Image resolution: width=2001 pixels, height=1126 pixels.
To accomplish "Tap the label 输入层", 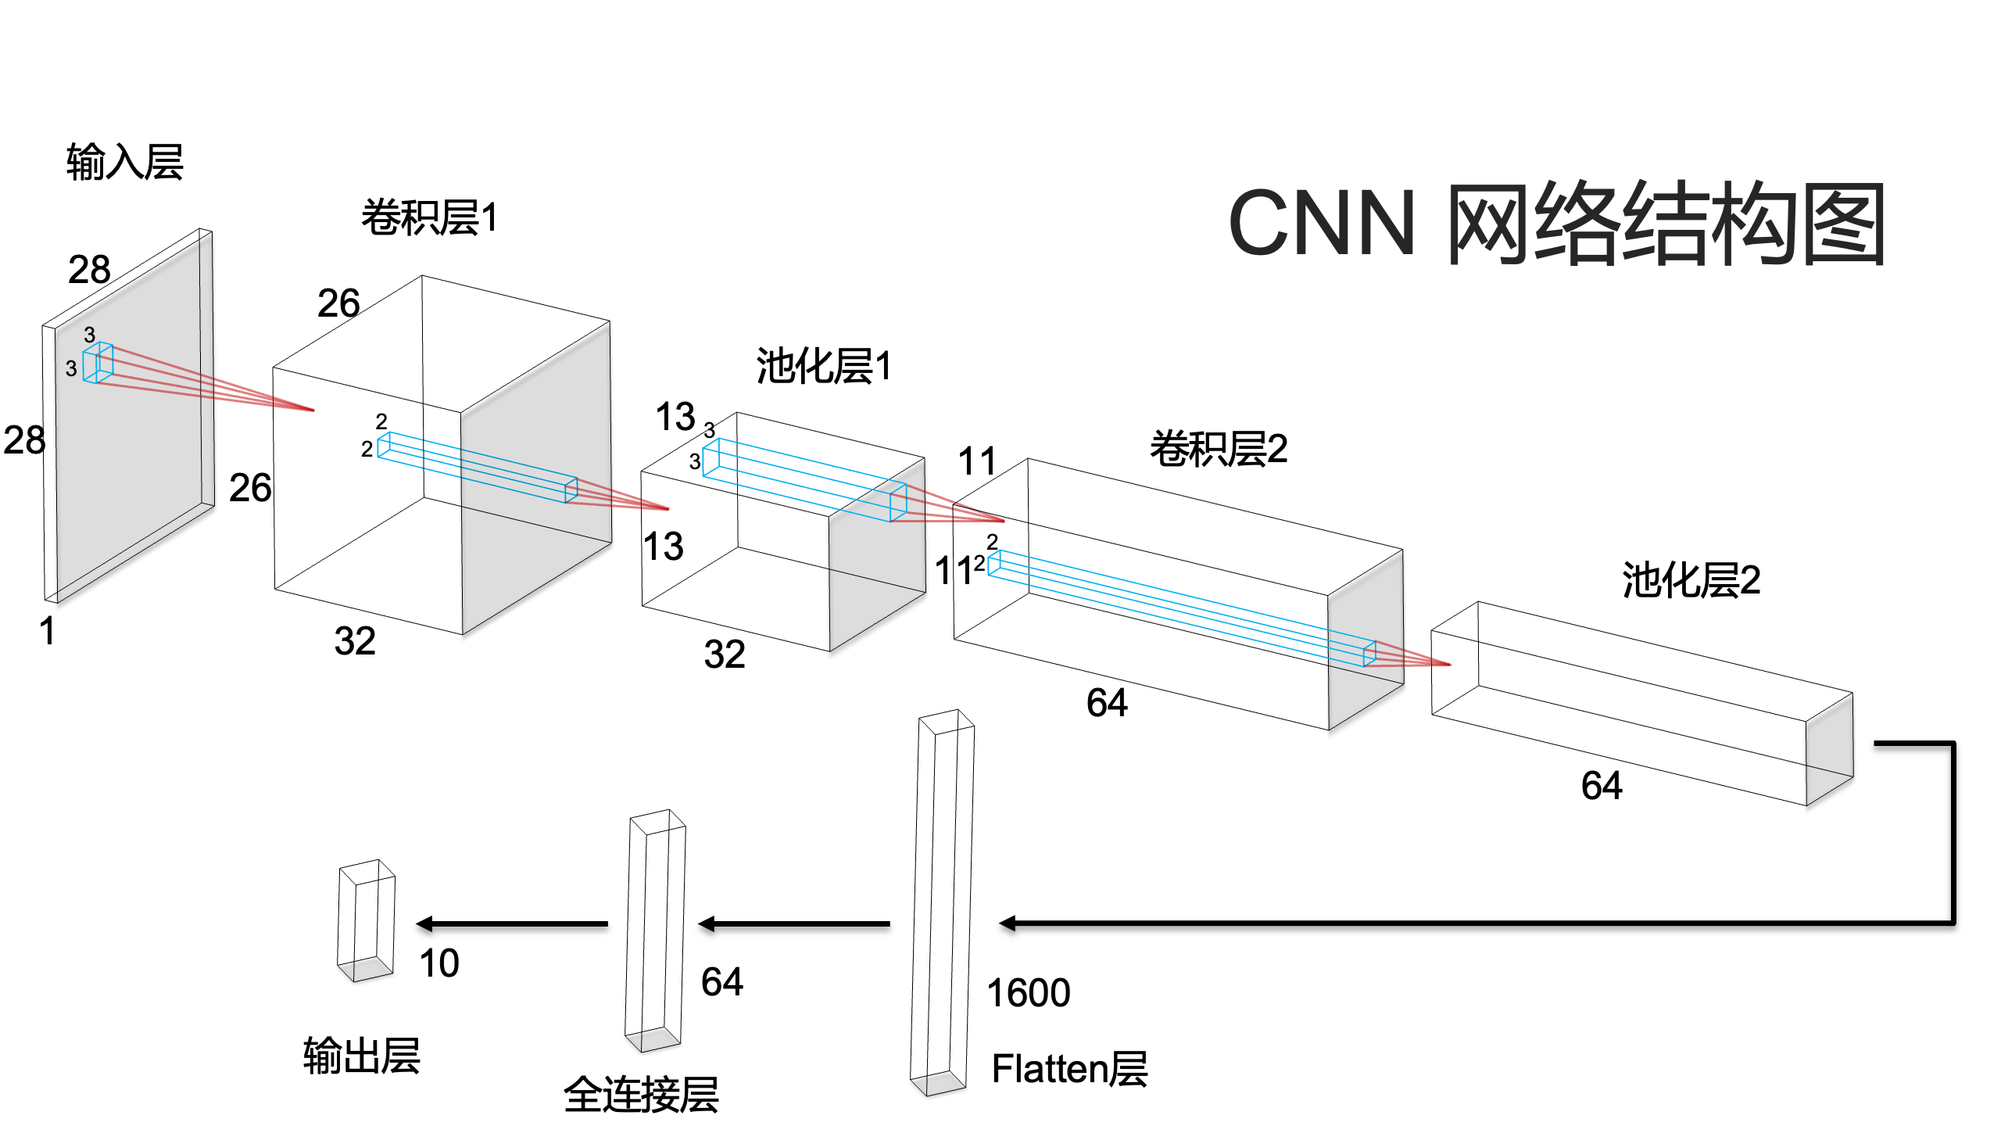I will (124, 163).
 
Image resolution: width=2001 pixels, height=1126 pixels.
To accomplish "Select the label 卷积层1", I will (429, 217).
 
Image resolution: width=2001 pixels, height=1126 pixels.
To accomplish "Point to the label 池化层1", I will (823, 366).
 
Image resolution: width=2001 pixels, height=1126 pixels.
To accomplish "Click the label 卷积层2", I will (1218, 449).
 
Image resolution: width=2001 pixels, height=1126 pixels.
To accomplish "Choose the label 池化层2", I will (1691, 580).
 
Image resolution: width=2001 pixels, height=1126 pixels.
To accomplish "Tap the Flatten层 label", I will (1069, 1069).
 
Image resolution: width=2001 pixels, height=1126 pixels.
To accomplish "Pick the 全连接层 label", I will (641, 1094).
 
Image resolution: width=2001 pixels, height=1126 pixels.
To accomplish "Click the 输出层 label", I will (361, 1056).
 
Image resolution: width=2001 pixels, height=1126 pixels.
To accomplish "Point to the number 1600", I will (1028, 993).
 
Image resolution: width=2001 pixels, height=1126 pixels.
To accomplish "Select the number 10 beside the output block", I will (439, 963).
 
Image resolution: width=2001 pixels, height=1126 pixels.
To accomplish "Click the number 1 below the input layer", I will (48, 631).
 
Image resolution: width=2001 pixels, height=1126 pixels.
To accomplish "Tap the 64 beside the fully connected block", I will (721, 982).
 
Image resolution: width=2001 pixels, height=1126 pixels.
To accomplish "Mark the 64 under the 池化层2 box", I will (1602, 786).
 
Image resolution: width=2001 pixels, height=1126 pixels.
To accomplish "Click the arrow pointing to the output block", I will (512, 924).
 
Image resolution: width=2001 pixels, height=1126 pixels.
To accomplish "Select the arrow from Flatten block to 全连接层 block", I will (794, 924).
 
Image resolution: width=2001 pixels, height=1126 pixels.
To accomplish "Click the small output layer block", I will (366, 921).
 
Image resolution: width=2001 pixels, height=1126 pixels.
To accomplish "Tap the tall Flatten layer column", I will (943, 903).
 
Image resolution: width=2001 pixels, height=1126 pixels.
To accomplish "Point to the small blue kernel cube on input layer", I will (98, 364).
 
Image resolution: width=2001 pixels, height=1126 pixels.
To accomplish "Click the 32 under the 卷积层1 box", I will (355, 641).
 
